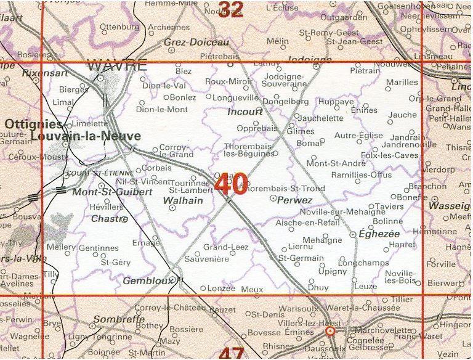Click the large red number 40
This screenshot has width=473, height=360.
coord(232,183)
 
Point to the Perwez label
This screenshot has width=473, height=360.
coord(296,200)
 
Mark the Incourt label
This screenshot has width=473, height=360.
coord(245,112)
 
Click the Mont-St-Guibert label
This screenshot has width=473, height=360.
coord(112,192)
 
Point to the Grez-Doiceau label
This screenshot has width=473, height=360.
coord(196,43)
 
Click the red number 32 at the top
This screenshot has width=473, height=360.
coord(231,9)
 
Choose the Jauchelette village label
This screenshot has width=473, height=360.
coord(321,118)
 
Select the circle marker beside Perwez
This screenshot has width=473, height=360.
coord(273,198)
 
